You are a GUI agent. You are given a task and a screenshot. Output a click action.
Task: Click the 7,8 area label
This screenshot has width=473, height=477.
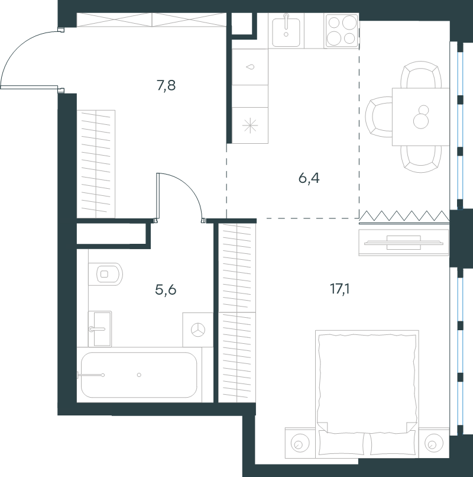tap(166, 85)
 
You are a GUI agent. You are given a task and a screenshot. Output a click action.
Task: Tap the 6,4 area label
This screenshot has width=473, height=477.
tap(309, 178)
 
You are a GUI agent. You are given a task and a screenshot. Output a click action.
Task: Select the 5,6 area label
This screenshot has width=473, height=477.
tap(166, 289)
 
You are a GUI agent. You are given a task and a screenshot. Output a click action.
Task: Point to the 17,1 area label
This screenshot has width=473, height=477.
tap(339, 289)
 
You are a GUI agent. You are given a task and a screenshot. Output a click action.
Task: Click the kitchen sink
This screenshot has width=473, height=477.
tap(286, 31)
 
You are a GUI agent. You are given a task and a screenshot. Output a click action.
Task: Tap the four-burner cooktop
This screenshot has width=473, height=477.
tap(342, 31)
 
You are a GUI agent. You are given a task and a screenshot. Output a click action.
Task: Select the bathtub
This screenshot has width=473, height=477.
tap(139, 375)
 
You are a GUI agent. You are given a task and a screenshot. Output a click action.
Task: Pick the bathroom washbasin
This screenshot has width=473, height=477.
tap(100, 329)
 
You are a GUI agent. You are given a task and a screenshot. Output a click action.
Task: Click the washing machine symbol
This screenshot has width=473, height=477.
tap(198, 330)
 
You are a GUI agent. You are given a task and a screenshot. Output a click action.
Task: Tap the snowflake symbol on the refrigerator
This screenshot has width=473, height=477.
tap(250, 125)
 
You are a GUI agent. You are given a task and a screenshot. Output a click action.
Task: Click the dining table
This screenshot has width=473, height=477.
tap(421, 117)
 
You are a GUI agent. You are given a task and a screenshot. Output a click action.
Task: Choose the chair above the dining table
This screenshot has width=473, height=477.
tap(421, 75)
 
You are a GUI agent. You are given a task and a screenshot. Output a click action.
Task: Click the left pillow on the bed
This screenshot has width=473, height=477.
tap(341, 443)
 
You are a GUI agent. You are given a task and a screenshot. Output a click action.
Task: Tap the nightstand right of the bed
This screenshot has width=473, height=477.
tap(434, 443)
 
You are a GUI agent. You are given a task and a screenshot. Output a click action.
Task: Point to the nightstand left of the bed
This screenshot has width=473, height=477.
tap(300, 443)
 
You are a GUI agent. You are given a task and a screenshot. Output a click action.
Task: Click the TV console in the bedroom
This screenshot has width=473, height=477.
tap(404, 243)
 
